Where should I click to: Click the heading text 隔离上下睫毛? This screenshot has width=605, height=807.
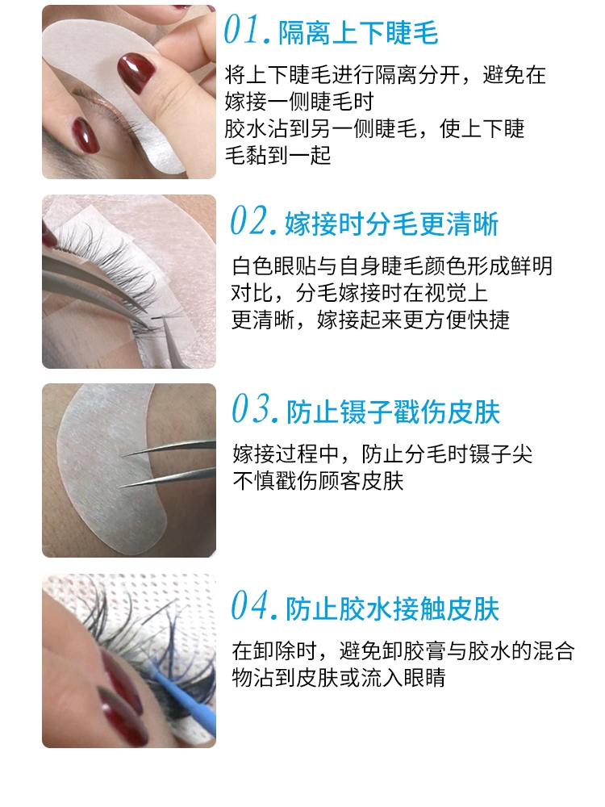pyautogui.click(x=358, y=33)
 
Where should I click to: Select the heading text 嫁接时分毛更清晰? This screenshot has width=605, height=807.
pyautogui.click(x=391, y=224)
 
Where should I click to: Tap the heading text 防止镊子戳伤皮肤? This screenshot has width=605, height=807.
pyautogui.click(x=393, y=412)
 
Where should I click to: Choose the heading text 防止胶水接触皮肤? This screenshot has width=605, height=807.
pyautogui.click(x=393, y=608)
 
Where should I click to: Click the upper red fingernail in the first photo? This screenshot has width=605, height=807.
pyautogui.click(x=136, y=73)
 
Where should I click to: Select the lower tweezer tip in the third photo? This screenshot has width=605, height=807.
pyautogui.click(x=122, y=485)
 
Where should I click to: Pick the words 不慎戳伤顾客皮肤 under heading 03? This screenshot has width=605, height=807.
pyautogui.click(x=318, y=481)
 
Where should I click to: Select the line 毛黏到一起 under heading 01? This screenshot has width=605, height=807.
pyautogui.click(x=277, y=155)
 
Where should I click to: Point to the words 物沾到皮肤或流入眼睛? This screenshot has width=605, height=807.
pyautogui.click(x=339, y=678)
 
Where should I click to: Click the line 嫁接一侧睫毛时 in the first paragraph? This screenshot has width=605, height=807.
pyautogui.click(x=299, y=102)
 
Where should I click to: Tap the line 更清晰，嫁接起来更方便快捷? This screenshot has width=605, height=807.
pyautogui.click(x=370, y=320)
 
